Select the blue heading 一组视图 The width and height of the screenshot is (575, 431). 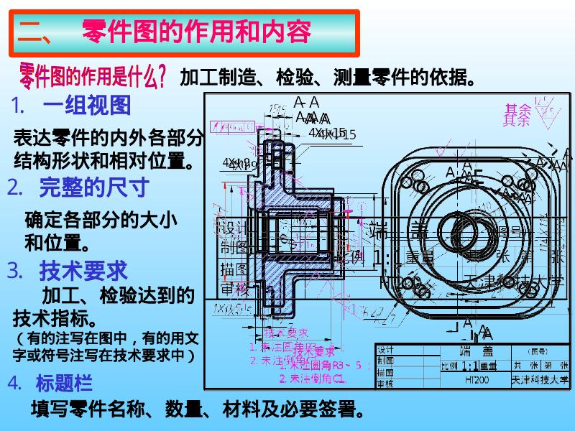pyautogui.click(x=87, y=106)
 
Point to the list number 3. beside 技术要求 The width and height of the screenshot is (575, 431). pyautogui.click(x=16, y=271)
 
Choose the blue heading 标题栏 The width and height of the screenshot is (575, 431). pyautogui.click(x=64, y=383)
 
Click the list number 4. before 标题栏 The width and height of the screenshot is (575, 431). pyautogui.click(x=15, y=383)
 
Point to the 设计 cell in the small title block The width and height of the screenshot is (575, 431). pyautogui.click(x=385, y=350)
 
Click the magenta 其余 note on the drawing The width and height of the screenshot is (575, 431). pyautogui.click(x=517, y=113)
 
